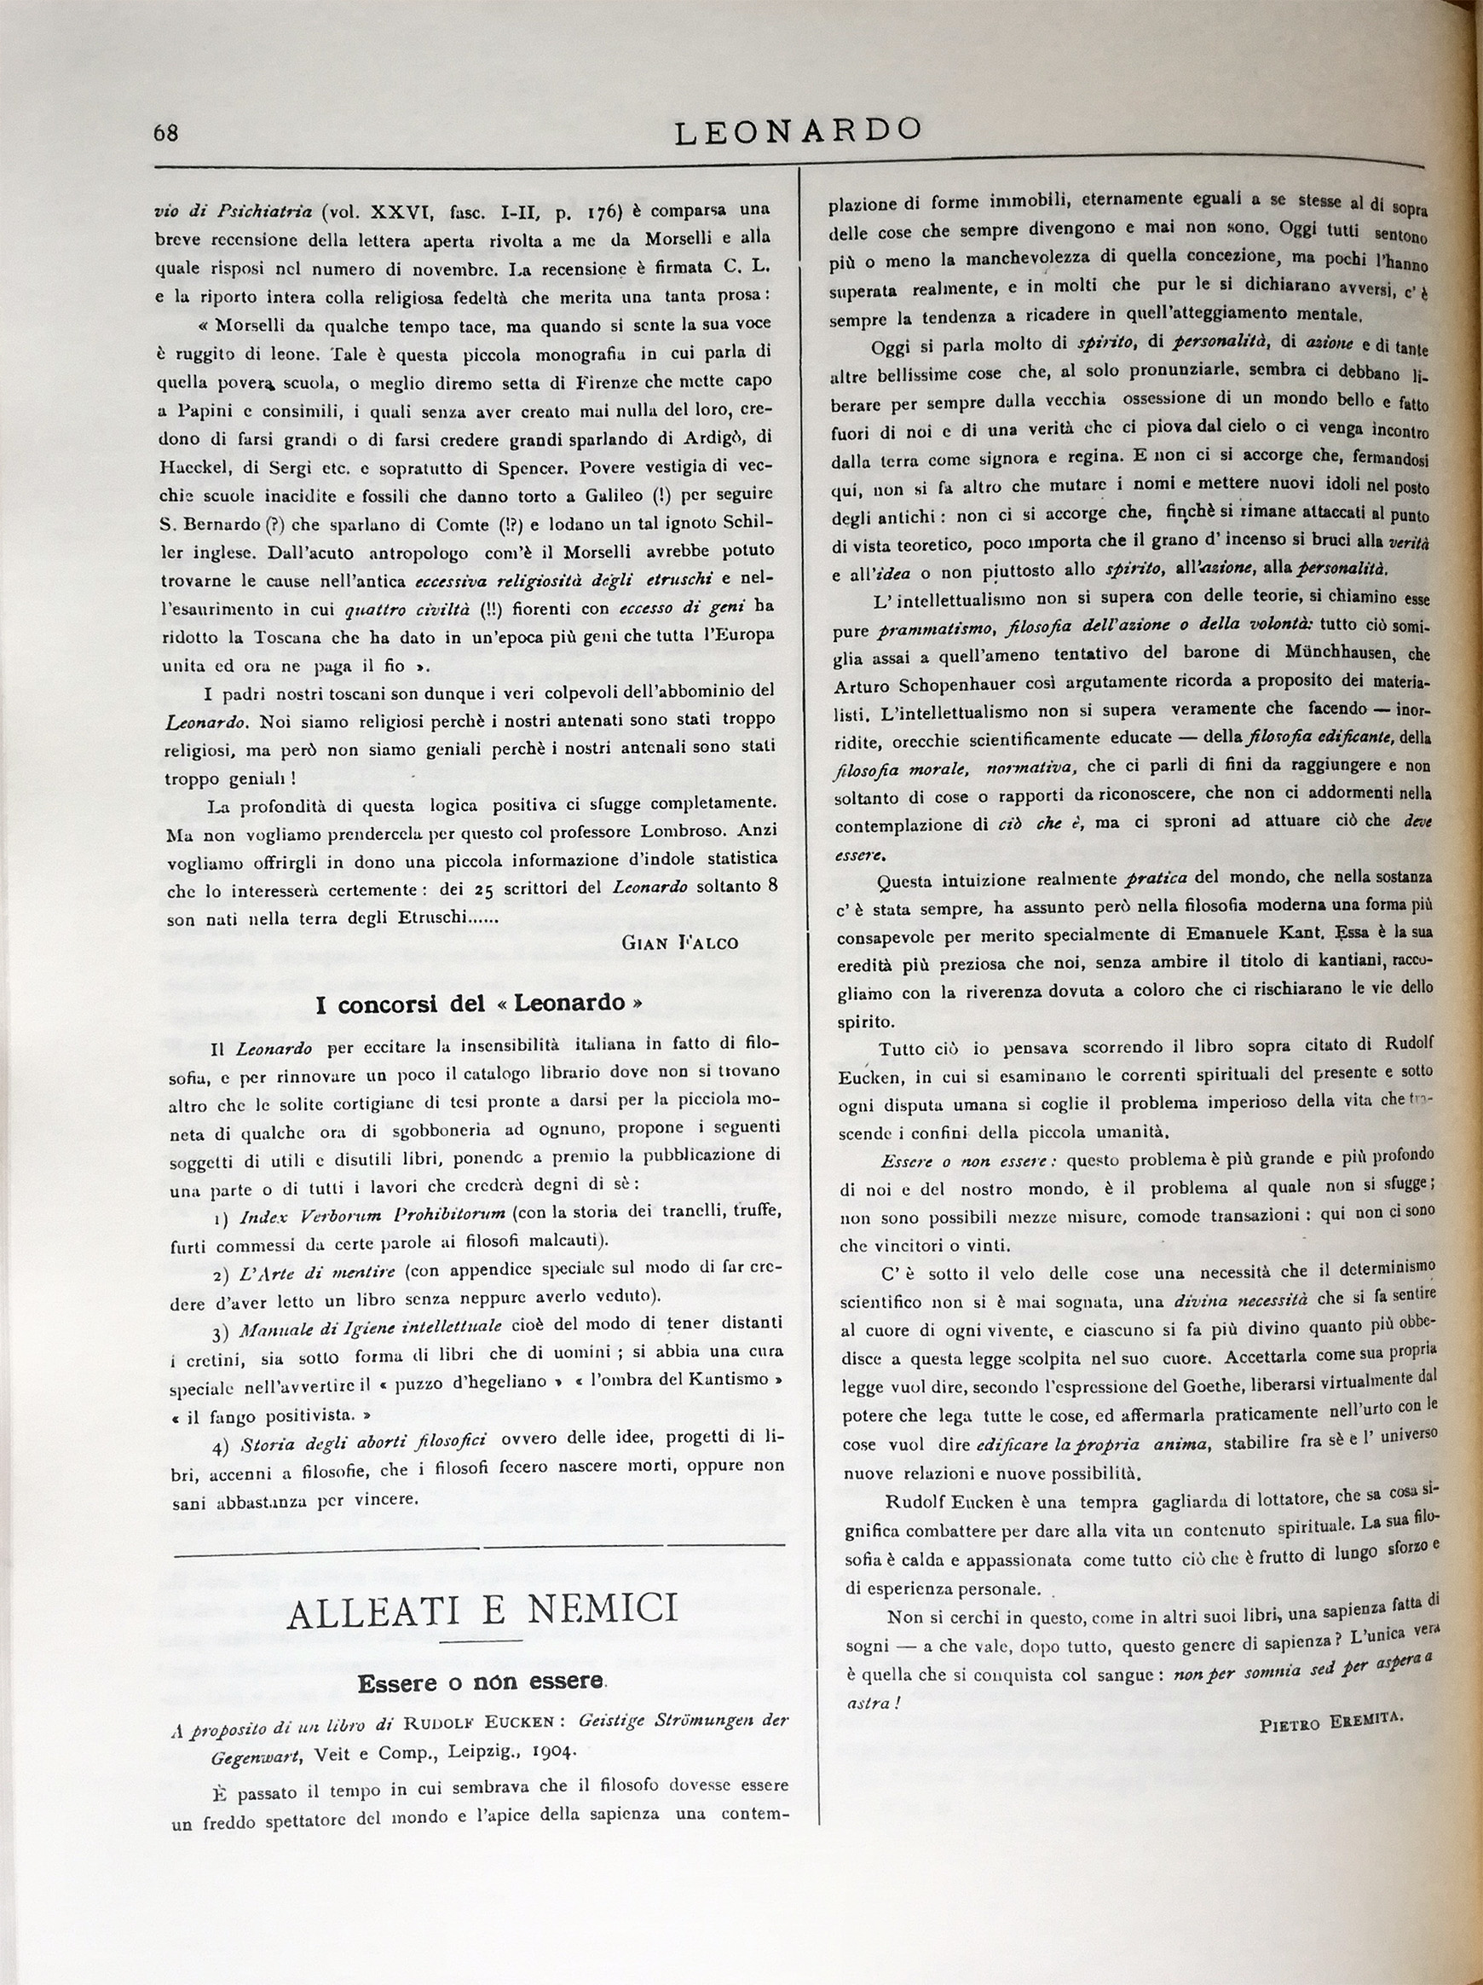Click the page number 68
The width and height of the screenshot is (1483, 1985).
pyautogui.click(x=166, y=133)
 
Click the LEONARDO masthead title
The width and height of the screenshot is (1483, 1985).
pyautogui.click(x=797, y=131)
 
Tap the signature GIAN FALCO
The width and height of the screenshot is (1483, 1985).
pyautogui.click(x=679, y=942)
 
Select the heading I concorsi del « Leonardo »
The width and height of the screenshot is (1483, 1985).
pyautogui.click(x=478, y=1004)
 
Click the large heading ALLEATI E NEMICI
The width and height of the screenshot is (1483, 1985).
pyautogui.click(x=482, y=1611)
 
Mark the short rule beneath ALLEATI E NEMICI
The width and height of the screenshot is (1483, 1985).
pyautogui.click(x=482, y=1641)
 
